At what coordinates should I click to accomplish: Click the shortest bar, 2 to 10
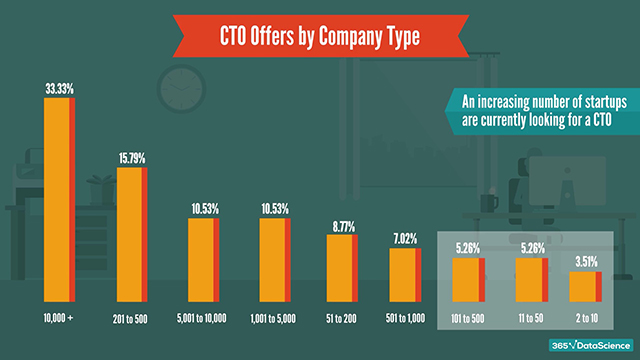[x=585, y=285]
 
